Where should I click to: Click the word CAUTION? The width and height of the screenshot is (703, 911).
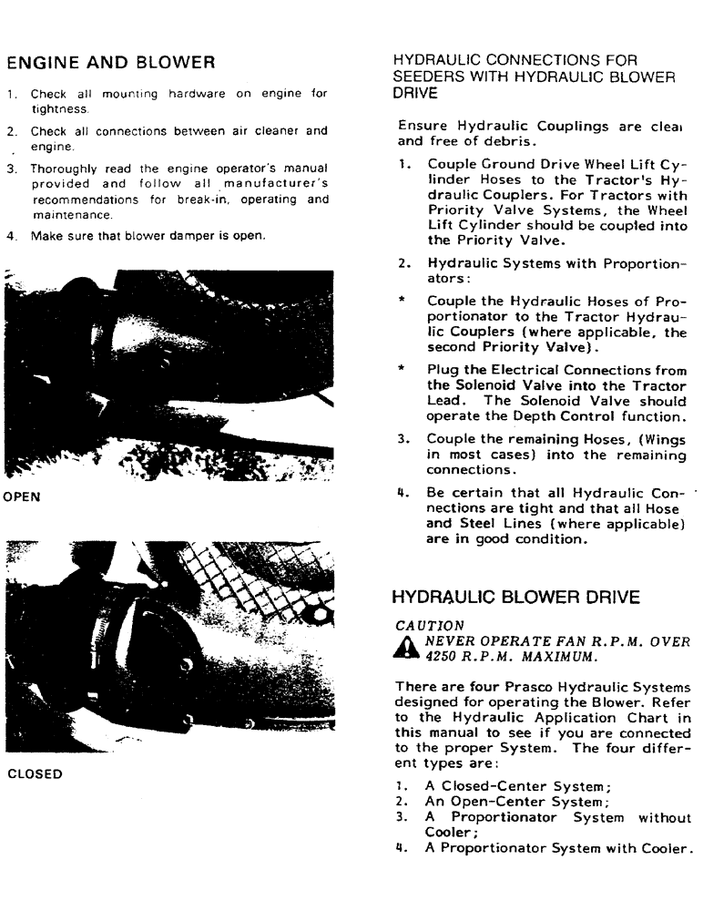coord(426,626)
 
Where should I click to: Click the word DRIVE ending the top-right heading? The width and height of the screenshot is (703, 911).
coord(413,94)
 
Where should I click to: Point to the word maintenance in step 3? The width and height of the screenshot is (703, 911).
coord(72,215)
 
